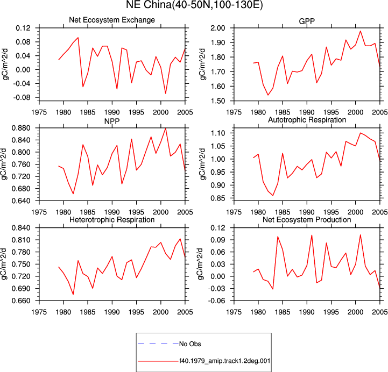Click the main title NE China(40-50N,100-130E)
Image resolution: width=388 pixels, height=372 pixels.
point(194,4)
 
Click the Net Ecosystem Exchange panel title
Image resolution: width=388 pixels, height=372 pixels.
point(112,20)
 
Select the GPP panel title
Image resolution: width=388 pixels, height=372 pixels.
point(307,22)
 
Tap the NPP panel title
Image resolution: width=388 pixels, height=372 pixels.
point(112,121)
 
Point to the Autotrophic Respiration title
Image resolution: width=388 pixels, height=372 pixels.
point(307,120)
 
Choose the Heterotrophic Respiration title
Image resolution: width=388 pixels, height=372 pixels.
point(112,219)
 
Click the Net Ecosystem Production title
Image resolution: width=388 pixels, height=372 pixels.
point(307,219)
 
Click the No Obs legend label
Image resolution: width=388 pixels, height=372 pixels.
point(190,344)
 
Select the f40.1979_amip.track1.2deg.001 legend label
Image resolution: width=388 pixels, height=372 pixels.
point(225,361)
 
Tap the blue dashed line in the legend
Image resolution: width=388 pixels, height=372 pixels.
point(158,344)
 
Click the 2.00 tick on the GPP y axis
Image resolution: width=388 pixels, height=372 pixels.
point(218,28)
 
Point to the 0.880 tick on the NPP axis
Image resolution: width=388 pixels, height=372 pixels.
point(21,128)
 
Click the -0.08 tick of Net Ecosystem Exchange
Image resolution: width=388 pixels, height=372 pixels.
point(22,98)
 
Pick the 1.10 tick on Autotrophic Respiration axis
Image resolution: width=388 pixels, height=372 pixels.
point(218,133)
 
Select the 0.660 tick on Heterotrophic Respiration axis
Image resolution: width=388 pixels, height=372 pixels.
point(21,301)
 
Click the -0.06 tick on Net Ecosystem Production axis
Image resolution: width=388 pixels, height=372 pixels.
point(217,301)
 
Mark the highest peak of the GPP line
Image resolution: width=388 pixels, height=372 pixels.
point(361,31)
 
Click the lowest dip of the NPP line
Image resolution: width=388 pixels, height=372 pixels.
point(73,194)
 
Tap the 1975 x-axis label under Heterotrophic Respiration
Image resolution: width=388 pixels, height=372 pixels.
point(39,312)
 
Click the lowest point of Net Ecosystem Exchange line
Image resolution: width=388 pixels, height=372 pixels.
point(166,93)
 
